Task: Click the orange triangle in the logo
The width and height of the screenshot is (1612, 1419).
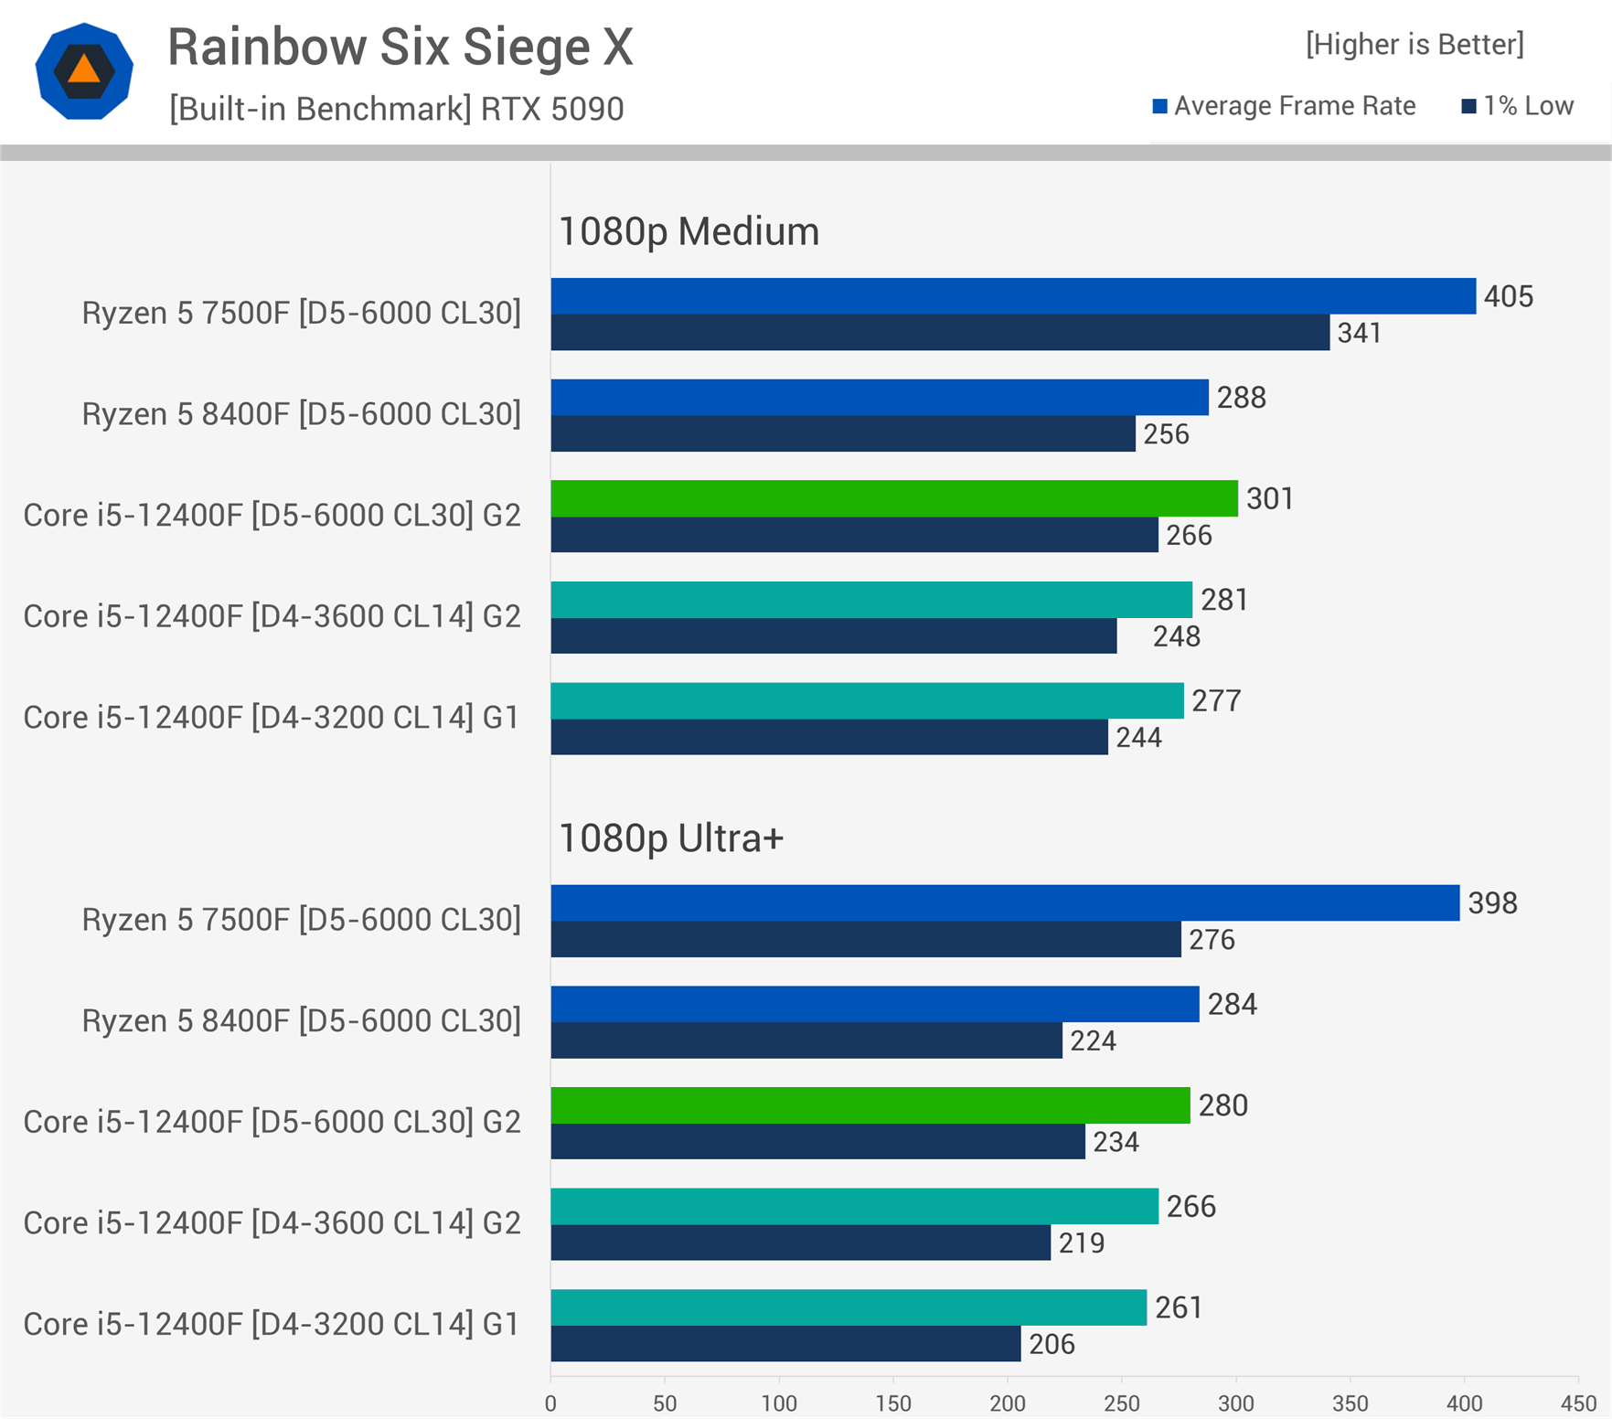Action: pos(84,69)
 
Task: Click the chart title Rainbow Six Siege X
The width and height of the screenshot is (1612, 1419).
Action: pos(400,47)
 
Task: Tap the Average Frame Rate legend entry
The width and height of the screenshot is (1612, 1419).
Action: pos(1284,106)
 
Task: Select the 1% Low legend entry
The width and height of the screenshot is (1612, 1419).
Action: pos(1518,106)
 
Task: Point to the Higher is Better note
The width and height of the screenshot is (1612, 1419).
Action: pos(1414,44)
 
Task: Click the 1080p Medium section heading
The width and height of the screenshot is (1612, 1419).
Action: pos(689,231)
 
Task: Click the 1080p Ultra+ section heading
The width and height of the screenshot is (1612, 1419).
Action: pos(671,838)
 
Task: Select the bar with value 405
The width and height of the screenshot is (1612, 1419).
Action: pos(1013,296)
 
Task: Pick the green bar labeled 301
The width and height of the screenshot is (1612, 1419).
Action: pos(894,498)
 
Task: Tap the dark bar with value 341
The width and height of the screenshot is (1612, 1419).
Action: pos(940,333)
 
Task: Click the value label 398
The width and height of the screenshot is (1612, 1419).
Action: pos(1492,903)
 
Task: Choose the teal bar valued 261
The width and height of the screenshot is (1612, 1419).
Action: pos(849,1307)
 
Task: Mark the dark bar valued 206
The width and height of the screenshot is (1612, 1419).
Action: pos(785,1344)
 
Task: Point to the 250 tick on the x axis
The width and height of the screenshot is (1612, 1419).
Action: pos(1122,1403)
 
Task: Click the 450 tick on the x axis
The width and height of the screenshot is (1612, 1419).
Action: pos(1578,1403)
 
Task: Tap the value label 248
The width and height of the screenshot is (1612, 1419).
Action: pos(1176,636)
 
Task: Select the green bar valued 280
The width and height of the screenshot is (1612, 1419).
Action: pos(870,1105)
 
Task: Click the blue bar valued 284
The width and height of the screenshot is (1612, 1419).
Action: pos(875,1004)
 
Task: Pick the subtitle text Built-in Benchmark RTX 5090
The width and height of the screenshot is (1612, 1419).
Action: pos(396,109)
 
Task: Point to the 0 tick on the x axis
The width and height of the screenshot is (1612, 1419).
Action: pos(550,1403)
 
